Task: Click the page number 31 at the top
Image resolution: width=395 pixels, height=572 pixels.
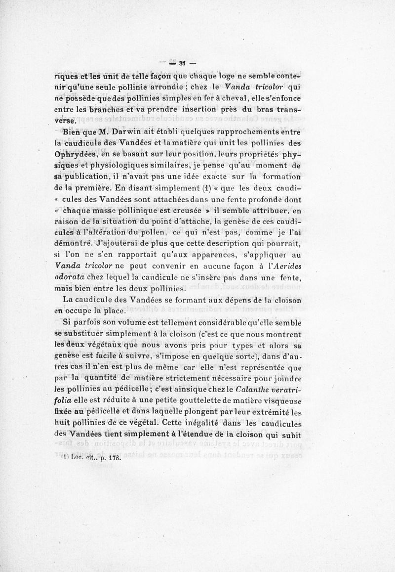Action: point(177,62)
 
